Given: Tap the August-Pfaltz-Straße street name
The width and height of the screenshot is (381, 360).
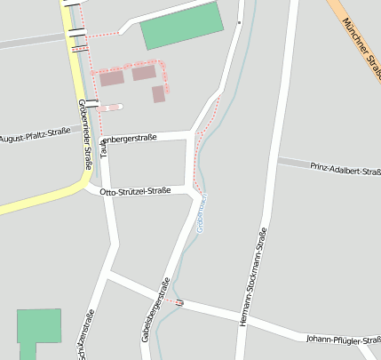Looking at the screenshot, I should click(x=35, y=139).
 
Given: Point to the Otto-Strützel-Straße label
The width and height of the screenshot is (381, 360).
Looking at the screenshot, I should click(x=135, y=191).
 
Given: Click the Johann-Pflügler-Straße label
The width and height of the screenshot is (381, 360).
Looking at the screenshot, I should click(x=341, y=339).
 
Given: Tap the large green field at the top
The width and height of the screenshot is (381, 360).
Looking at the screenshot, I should click(x=181, y=26).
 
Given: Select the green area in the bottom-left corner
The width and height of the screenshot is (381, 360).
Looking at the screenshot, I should click(x=38, y=327).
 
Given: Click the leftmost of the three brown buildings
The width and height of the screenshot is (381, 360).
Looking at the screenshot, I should click(x=112, y=78).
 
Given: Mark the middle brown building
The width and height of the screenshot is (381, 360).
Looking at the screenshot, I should click(x=144, y=73).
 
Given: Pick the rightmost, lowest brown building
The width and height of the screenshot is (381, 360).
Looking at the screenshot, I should click(x=158, y=94).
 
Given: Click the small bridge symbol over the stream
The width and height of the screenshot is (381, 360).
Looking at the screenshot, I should click(x=179, y=302).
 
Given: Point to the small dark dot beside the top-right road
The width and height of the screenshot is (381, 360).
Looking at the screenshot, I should click(x=239, y=21).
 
